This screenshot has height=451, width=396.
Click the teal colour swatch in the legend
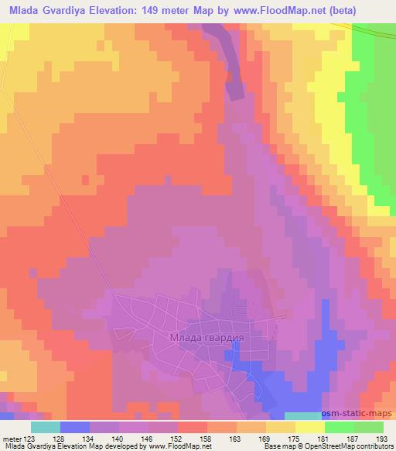tap(46, 427)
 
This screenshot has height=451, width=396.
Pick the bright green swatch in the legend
tap(340, 427)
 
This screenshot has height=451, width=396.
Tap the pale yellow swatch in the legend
tap(310, 427)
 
